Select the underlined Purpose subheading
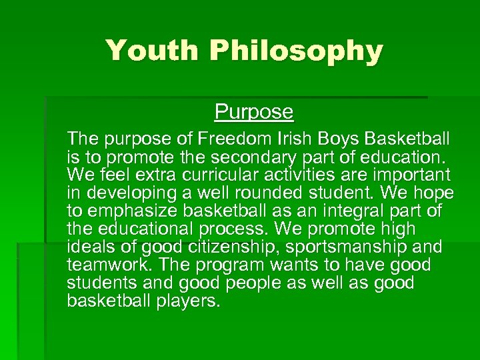tap(253, 111)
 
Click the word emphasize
tap(131, 212)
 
